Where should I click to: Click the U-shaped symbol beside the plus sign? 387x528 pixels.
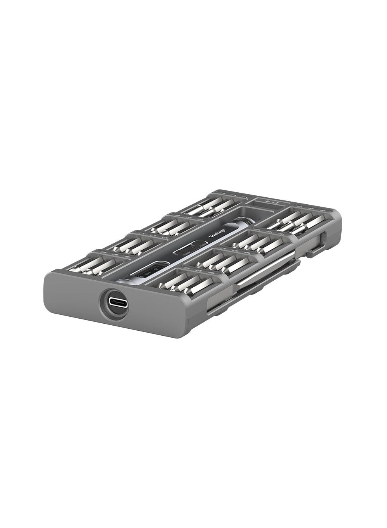tap(274, 203)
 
